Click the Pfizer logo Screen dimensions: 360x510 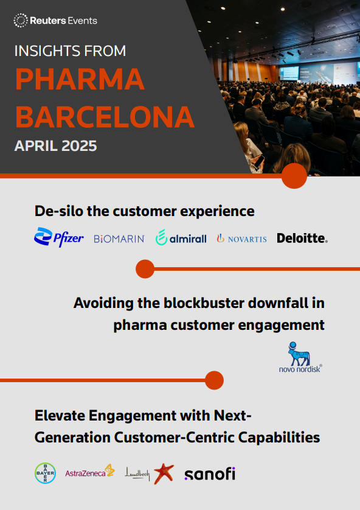59,237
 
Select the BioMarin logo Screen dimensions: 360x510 119,239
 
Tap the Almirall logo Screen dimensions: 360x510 181,237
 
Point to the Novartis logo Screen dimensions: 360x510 242,239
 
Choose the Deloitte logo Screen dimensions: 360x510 302,238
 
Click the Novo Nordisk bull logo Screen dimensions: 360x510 300,357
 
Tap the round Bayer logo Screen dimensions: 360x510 45,473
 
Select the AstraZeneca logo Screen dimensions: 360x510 90,472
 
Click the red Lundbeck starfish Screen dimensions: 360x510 164,473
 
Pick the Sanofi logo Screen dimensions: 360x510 210,473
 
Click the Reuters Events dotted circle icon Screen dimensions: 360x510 21,21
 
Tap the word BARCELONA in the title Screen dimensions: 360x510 105,117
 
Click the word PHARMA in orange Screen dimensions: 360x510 80,79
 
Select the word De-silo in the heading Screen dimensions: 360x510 58,211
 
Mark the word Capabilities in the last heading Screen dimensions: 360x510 279,438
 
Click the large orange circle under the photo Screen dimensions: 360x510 294,176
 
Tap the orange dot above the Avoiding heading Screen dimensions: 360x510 145,269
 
